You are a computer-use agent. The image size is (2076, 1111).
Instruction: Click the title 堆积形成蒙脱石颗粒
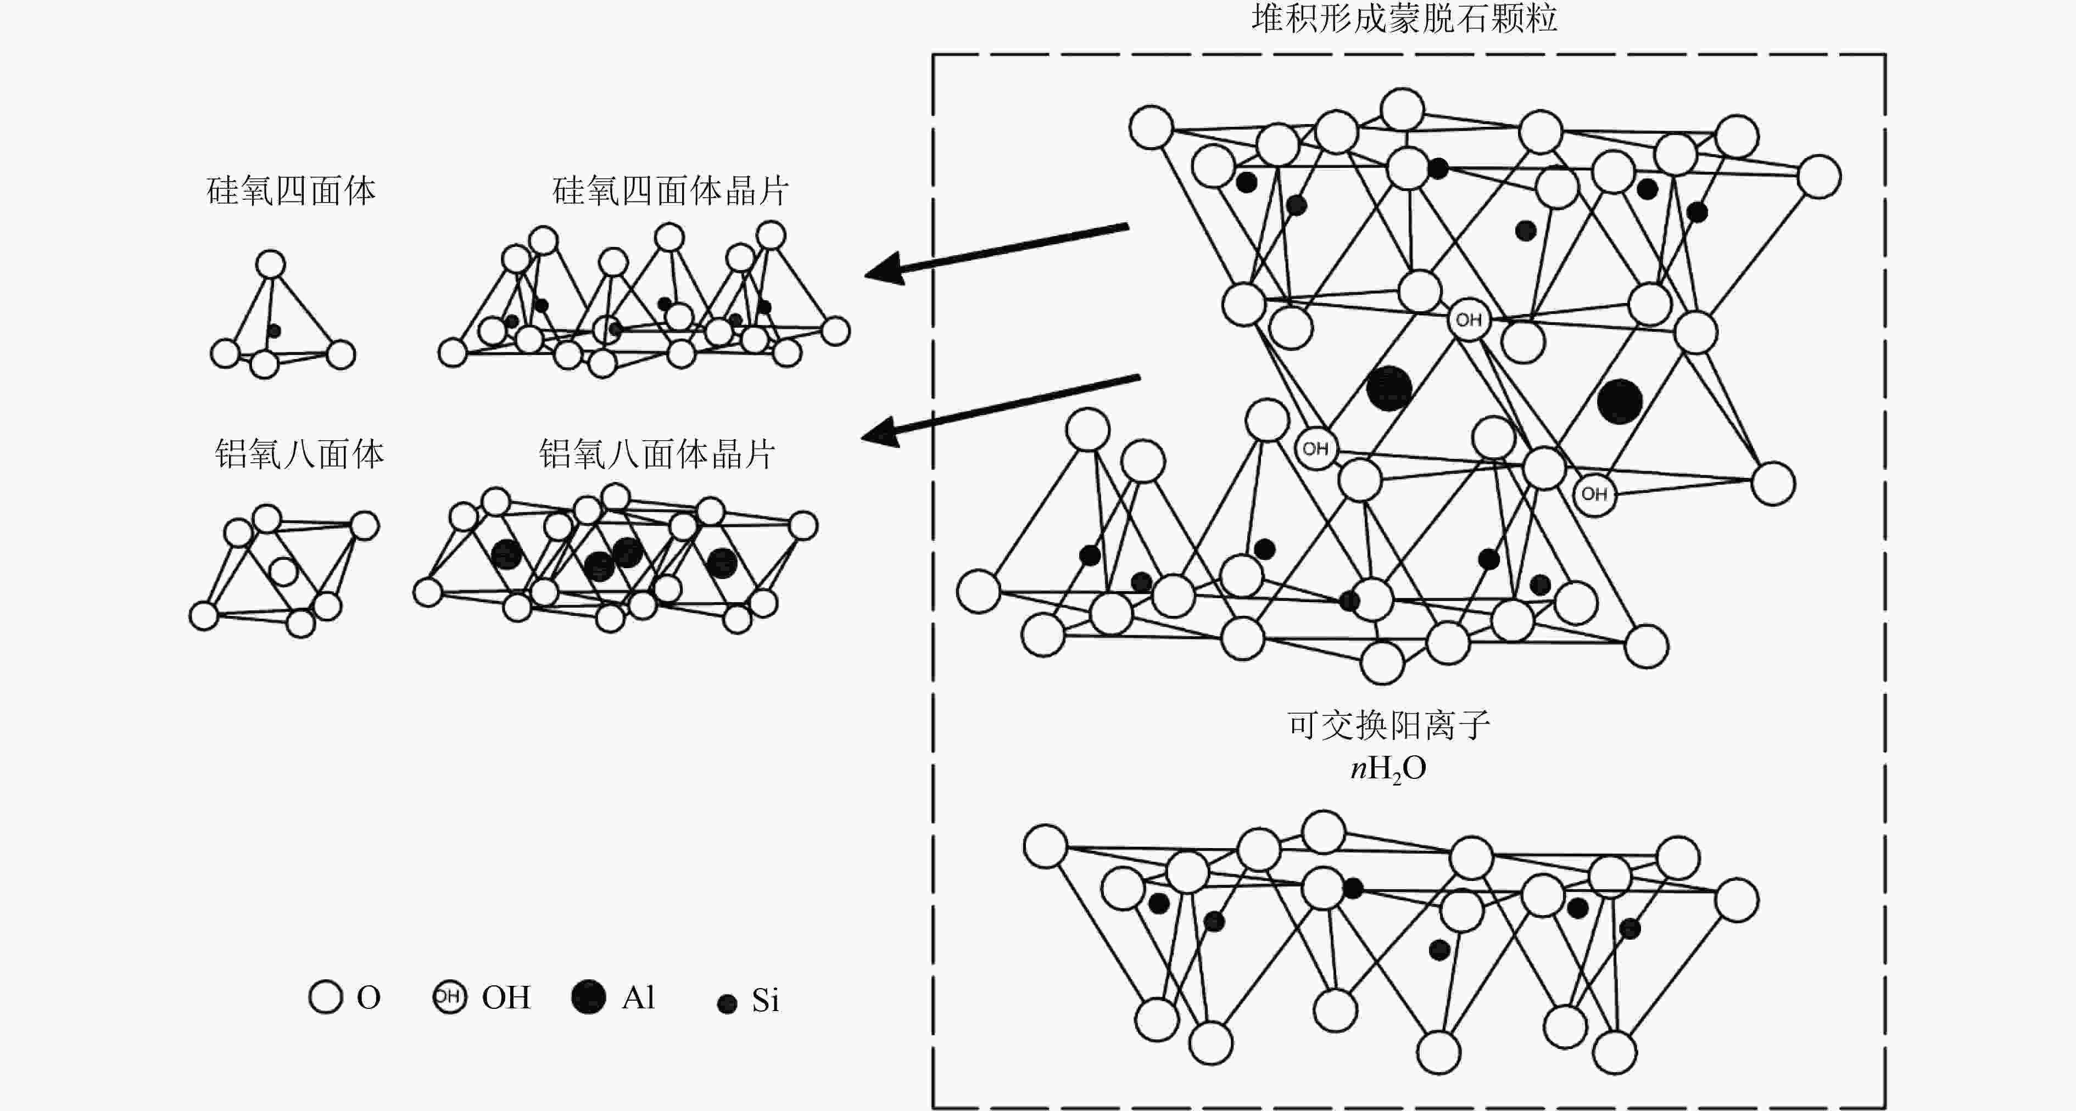(x=1404, y=18)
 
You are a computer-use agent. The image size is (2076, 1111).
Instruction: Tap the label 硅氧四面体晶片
(x=669, y=191)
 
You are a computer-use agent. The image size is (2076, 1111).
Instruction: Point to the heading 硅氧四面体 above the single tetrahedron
(x=291, y=191)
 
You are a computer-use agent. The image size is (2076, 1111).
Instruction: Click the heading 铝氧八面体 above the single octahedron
(x=299, y=454)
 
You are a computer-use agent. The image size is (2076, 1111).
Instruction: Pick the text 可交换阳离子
(x=1388, y=725)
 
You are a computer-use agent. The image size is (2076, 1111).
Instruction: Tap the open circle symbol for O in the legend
(x=326, y=997)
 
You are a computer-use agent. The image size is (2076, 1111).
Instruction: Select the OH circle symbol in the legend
(x=449, y=997)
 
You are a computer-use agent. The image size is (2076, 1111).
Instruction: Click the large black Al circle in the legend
(x=588, y=997)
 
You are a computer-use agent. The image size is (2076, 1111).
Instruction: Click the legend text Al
(x=638, y=997)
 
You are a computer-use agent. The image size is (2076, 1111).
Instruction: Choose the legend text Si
(x=765, y=1001)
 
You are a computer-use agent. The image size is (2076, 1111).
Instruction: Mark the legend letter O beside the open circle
(x=369, y=997)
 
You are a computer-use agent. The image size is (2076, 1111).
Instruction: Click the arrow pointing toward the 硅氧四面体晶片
(x=996, y=251)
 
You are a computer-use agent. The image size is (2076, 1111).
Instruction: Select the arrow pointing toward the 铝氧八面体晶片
(x=1000, y=407)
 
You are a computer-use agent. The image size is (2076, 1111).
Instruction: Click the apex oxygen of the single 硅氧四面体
(x=271, y=264)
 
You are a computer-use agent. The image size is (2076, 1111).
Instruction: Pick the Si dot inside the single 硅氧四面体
(x=274, y=330)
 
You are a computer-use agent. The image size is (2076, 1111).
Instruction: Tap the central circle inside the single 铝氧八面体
(x=283, y=571)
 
